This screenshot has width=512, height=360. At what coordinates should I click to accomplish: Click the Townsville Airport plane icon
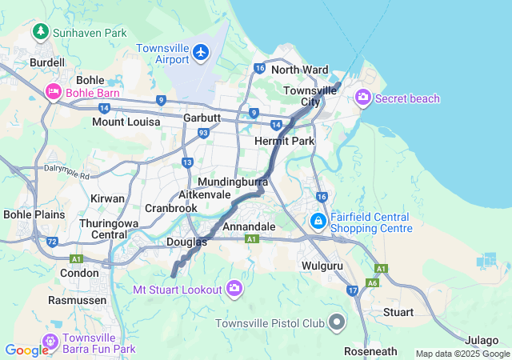tap(200, 53)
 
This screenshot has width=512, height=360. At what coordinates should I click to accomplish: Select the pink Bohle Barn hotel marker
tap(54, 92)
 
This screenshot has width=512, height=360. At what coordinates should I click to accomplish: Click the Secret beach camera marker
tap(363, 98)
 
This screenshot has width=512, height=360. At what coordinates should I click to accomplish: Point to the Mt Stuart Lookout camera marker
tap(234, 288)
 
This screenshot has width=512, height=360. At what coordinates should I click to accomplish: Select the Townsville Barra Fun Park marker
tap(50, 342)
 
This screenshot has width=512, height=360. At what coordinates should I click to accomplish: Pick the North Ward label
tap(300, 70)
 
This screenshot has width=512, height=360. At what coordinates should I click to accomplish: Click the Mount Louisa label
tap(126, 122)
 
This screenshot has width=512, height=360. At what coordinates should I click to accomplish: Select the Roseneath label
tap(370, 351)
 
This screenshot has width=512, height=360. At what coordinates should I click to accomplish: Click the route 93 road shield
tap(203, 133)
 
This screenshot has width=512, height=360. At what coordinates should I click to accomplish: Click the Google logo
tap(26, 350)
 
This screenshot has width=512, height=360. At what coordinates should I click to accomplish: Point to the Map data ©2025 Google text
tap(462, 354)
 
